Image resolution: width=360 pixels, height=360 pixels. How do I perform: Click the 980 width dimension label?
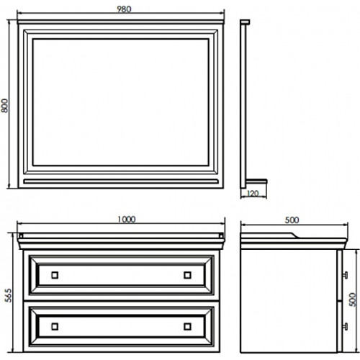pos(124,9)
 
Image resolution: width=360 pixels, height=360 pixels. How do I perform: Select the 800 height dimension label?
pos(4,106)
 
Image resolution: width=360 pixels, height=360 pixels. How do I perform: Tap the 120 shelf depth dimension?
pos(253,193)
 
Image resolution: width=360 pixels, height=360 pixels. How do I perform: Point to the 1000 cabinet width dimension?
pos(127,220)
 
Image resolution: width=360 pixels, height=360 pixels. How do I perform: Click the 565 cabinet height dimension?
pos(8,295)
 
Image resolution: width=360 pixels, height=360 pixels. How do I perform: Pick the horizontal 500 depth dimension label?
pos(292,220)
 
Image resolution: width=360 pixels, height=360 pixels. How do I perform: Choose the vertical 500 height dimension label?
pos(352,300)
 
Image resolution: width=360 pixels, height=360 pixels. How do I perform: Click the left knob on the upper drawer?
pos(55,275)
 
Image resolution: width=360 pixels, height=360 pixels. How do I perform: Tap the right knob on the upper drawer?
pos(187,275)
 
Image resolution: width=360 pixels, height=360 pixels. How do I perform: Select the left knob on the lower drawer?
pos(55,326)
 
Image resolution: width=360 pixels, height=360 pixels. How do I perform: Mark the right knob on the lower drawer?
pos(187,326)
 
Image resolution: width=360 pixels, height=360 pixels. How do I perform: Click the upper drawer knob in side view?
pos(345,275)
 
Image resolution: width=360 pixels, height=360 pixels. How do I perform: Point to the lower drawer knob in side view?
pos(345,326)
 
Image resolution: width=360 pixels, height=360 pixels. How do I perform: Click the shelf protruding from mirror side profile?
pos(256,181)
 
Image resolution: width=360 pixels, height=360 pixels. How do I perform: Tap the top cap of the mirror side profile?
pos(245,22)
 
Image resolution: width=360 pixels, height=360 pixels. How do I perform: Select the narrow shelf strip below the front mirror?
pos(121,181)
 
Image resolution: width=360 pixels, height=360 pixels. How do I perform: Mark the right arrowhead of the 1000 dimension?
pos(222,223)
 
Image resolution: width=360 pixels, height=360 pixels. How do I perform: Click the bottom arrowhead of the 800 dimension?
pos(9,186)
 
